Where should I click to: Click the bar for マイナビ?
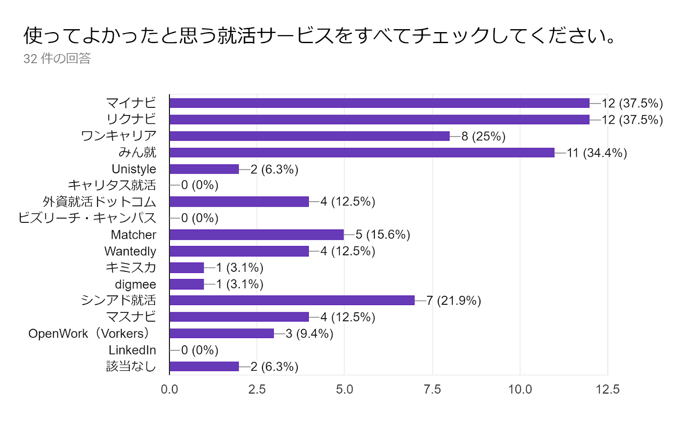379,103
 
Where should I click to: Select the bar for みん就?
362,153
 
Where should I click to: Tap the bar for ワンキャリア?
309,136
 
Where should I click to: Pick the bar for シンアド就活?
292,300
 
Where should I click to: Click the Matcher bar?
256,235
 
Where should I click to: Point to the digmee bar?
187,284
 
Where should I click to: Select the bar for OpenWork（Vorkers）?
221,333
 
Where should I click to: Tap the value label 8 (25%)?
483,137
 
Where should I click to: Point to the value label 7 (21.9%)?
453,301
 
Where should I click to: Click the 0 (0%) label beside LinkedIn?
199,350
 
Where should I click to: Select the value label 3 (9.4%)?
309,334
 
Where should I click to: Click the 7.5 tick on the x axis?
432,389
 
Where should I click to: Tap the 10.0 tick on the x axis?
520,389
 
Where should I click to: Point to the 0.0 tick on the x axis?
169,389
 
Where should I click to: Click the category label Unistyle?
134,169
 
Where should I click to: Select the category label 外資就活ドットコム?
99,202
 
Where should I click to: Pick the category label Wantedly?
130,251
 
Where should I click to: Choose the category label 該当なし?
131,366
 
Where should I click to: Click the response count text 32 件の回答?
57,58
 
